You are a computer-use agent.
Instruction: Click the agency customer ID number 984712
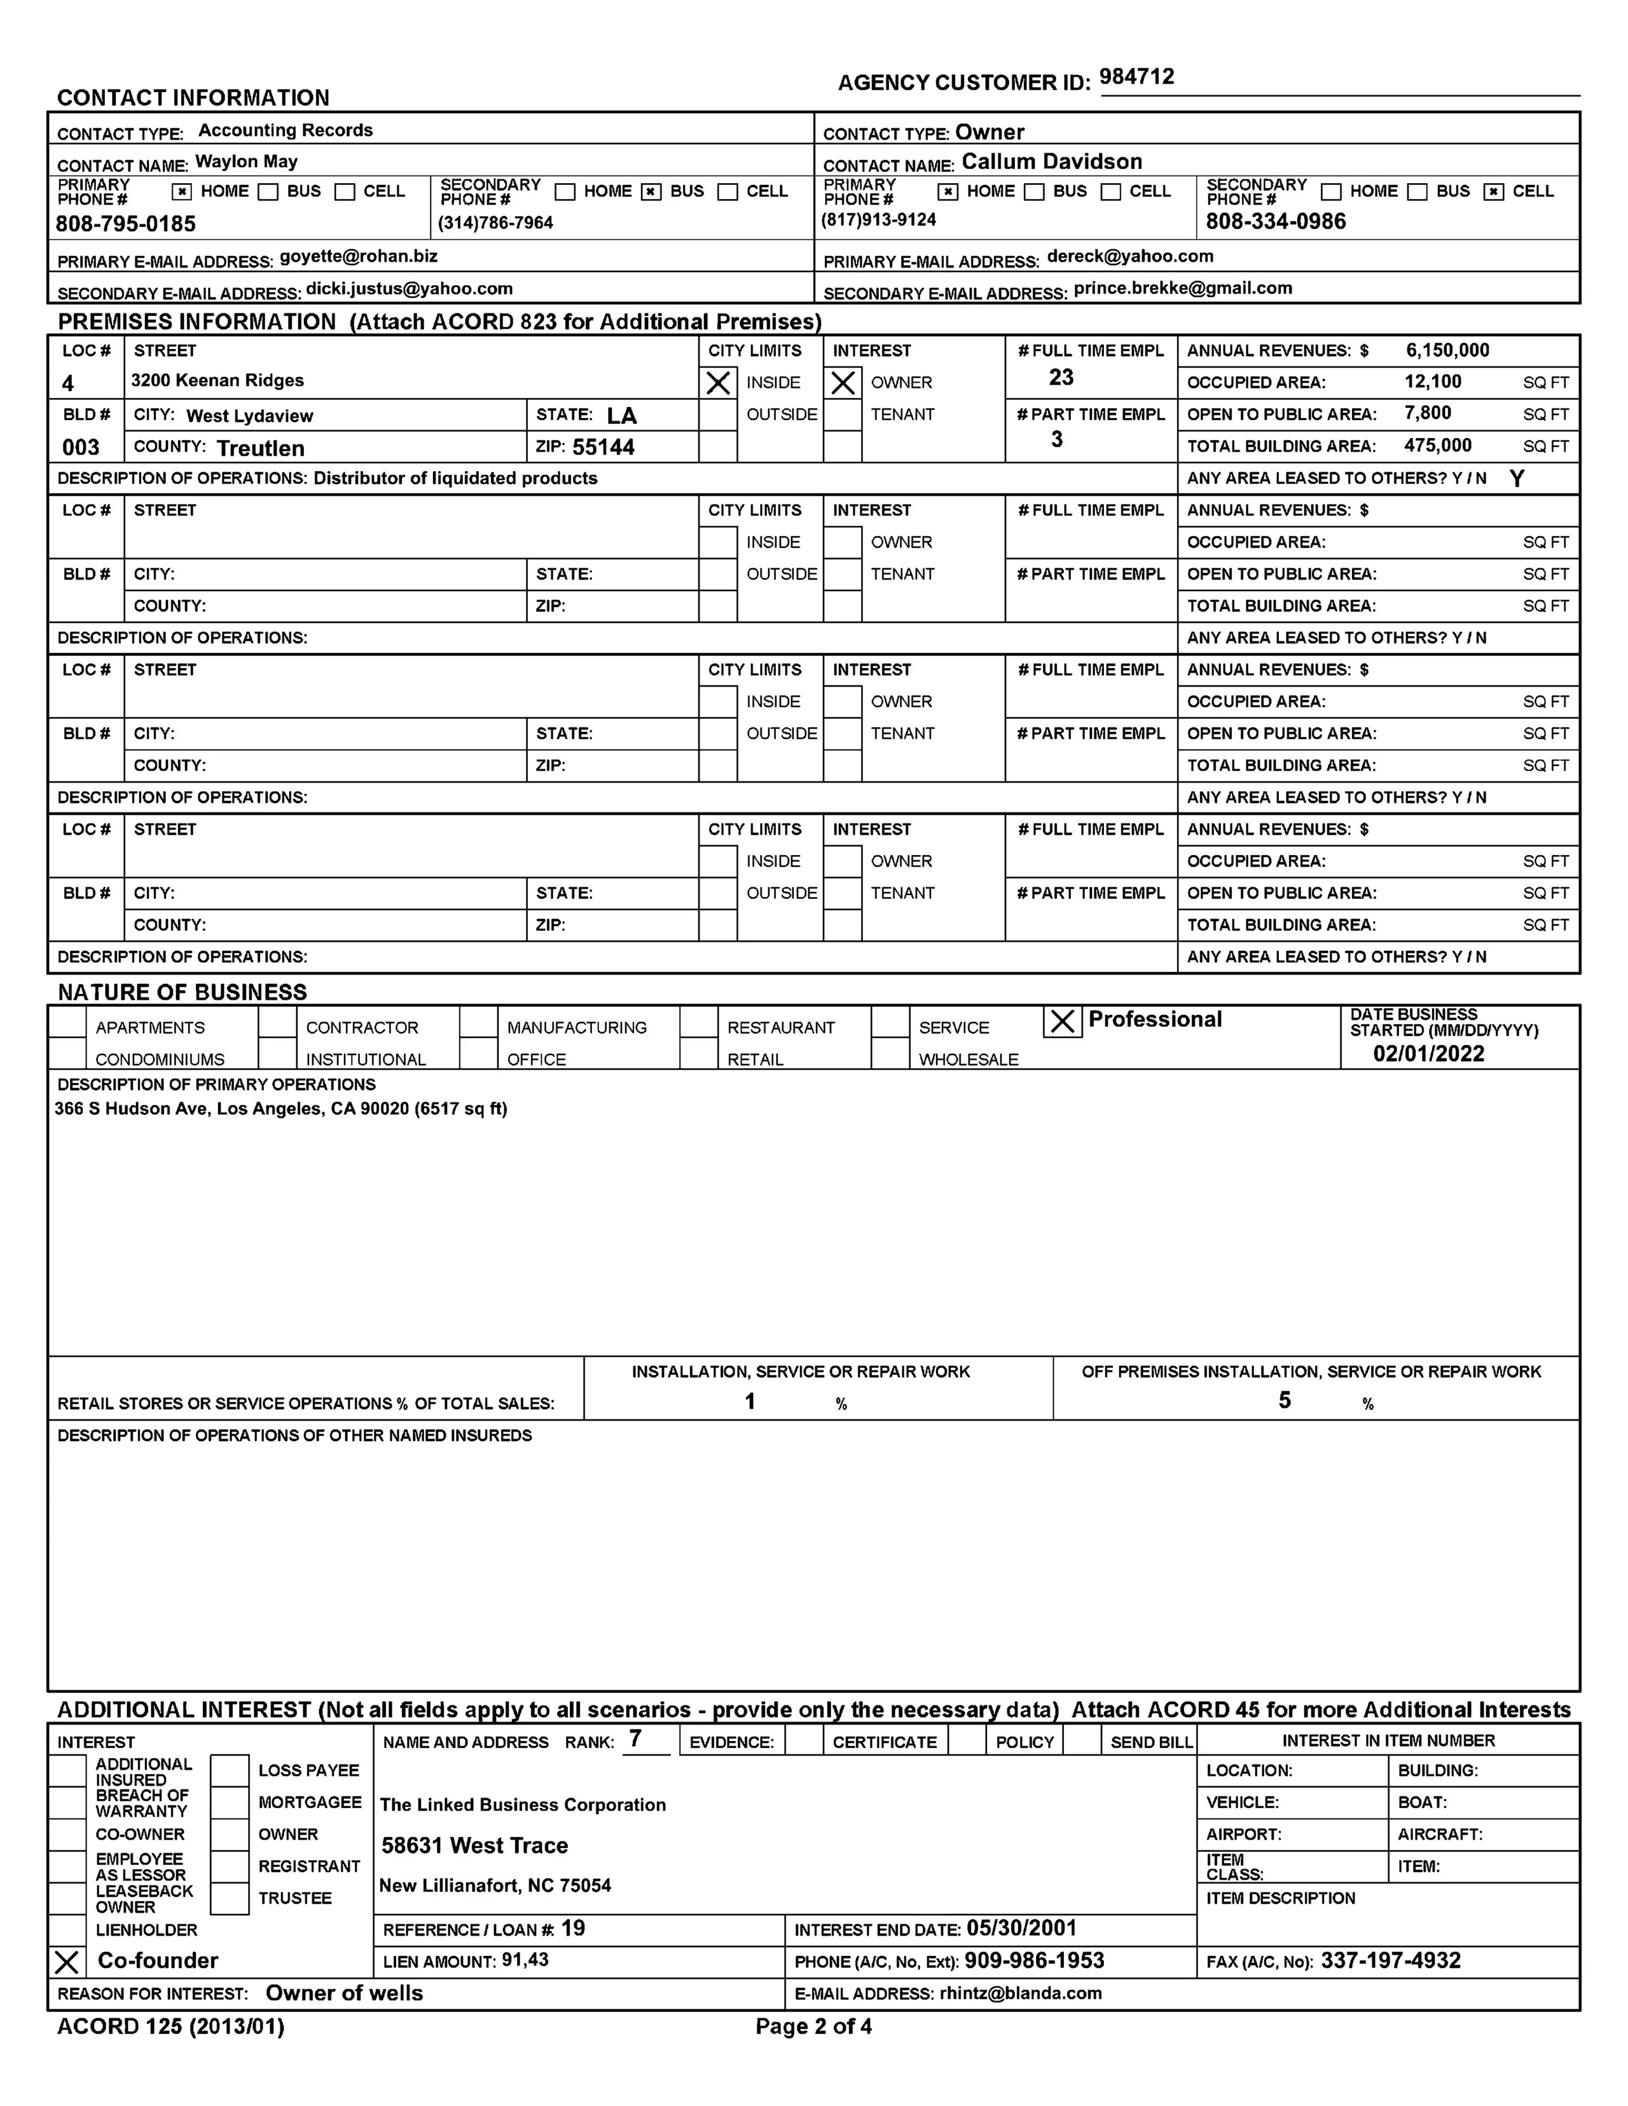1136,77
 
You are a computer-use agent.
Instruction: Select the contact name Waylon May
246,162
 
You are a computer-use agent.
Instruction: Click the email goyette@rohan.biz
359,257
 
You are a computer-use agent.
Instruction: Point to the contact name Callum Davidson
1051,162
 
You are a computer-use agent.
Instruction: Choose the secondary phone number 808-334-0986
1275,222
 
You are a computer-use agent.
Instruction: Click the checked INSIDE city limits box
717,383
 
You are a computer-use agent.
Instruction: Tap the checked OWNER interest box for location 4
843,383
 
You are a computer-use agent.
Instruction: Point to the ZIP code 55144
603,448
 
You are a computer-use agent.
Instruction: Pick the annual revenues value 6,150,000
1447,351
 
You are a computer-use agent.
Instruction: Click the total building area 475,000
1437,446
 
